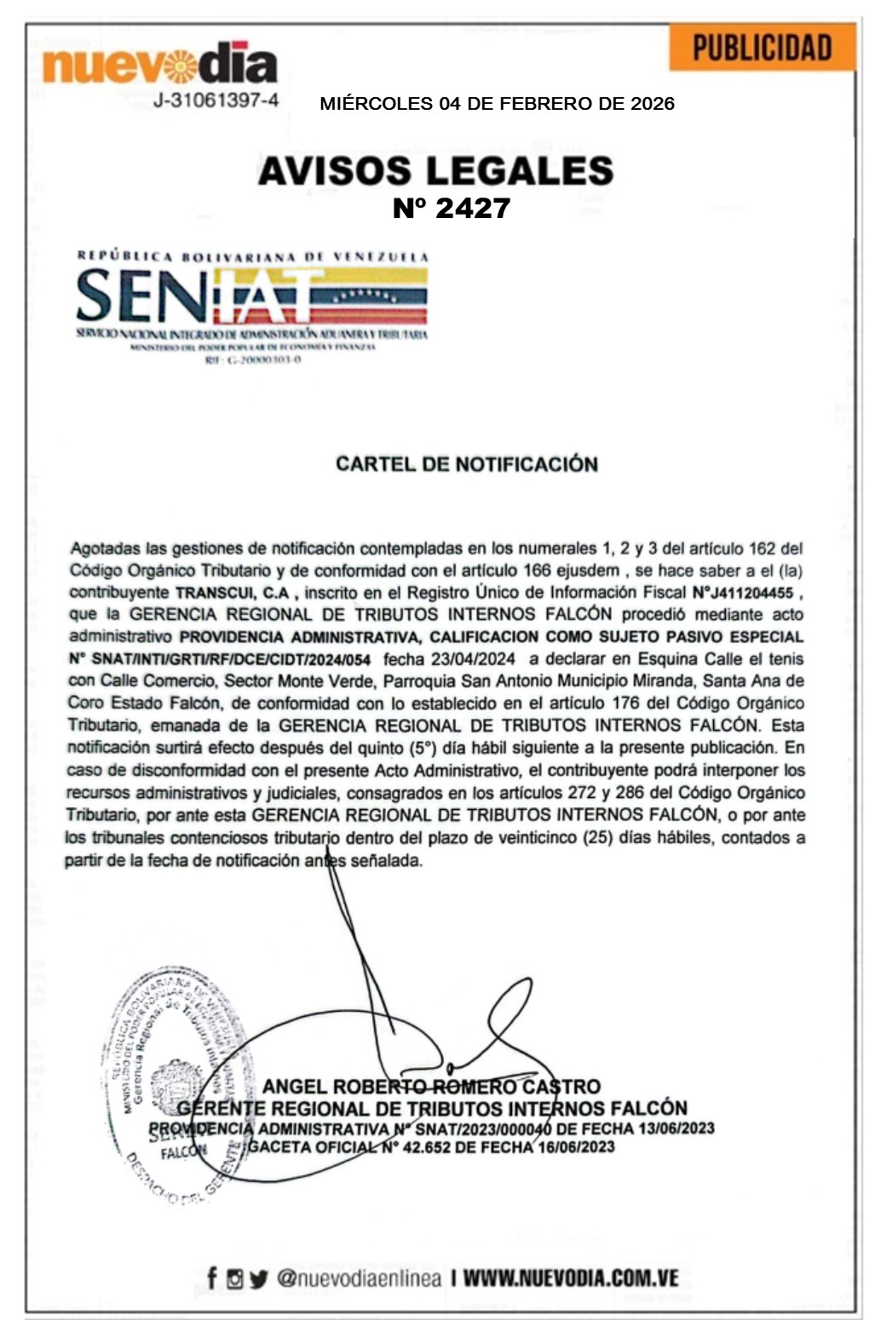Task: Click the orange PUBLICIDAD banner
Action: click(x=762, y=48)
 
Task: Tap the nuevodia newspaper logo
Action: click(x=160, y=64)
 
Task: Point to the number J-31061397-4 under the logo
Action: click(x=216, y=100)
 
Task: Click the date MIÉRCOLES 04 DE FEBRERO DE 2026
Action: click(x=497, y=104)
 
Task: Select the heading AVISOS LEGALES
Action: click(x=435, y=170)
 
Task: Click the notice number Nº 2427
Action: click(x=451, y=208)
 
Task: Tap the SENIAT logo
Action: click(x=251, y=305)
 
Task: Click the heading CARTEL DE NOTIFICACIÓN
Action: click(x=466, y=464)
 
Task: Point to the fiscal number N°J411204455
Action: click(x=742, y=593)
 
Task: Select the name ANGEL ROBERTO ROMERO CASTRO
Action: click(x=431, y=1087)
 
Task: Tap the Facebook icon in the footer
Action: click(x=212, y=1278)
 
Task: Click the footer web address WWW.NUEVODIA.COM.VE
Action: click(x=571, y=1278)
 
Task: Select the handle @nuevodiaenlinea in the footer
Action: click(x=359, y=1278)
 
